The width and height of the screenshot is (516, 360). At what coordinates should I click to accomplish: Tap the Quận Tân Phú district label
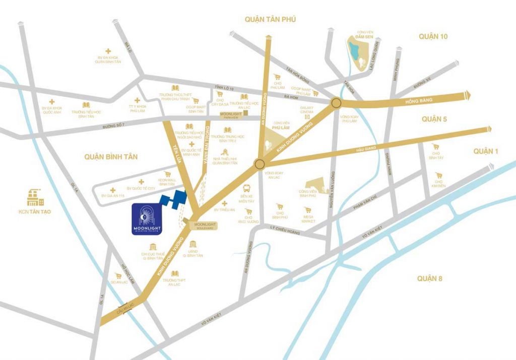click(270, 19)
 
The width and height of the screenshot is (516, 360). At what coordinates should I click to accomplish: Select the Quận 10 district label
click(433, 36)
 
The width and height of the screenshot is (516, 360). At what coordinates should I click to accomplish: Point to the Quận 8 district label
click(433, 278)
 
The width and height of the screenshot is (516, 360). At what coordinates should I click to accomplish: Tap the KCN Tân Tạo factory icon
click(36, 196)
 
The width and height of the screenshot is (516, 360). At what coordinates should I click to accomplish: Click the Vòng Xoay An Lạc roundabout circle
click(260, 164)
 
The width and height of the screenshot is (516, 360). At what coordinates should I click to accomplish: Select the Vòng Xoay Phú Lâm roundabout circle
click(337, 103)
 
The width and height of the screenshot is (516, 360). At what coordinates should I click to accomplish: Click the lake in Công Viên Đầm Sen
click(356, 49)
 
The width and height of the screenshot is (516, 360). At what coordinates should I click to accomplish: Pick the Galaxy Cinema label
click(307, 108)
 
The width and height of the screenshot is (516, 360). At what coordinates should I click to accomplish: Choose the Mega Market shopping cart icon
click(308, 210)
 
